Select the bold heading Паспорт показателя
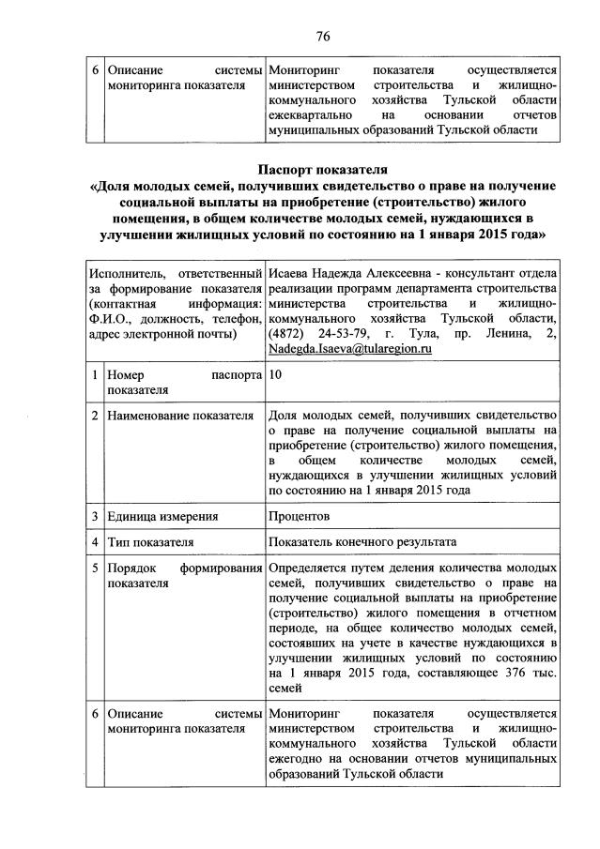click(322, 170)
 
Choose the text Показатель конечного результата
click(362, 542)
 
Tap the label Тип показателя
click(151, 542)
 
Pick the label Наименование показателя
click(181, 416)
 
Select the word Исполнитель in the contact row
click(129, 274)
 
